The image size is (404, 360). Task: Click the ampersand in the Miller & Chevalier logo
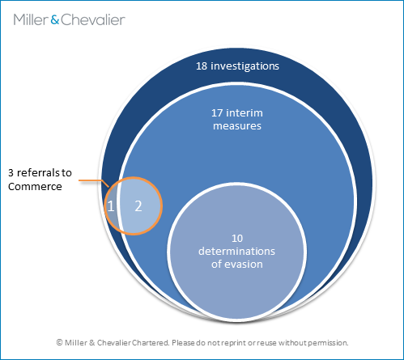coord(55,20)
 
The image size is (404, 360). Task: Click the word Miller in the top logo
coord(31,19)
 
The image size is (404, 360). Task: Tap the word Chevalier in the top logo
coord(93,19)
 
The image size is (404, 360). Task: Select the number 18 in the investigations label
coord(202,66)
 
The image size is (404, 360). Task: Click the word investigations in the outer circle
coord(245,66)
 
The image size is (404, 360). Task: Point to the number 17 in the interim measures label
coord(217,113)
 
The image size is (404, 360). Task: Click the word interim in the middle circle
coord(245,113)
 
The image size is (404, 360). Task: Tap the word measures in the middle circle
coord(237,126)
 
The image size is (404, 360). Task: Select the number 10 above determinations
coord(237,239)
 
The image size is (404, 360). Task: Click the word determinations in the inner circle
coord(236,252)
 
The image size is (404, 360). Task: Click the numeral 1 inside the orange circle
coord(111,206)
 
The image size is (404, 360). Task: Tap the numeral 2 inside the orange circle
coord(138,206)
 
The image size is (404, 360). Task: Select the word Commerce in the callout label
coord(35,187)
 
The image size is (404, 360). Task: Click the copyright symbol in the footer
coord(59,342)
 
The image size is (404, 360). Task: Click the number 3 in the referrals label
coord(11,173)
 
